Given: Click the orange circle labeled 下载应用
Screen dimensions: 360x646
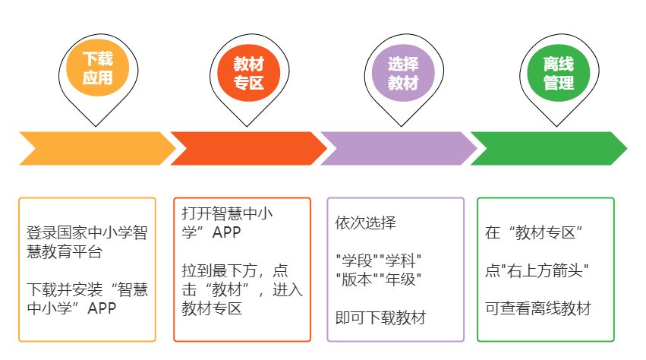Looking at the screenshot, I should [96, 69].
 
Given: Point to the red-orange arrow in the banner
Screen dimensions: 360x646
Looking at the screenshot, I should [247, 148].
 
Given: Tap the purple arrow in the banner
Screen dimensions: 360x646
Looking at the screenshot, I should [398, 148].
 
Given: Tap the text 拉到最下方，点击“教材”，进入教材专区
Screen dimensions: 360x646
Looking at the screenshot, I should [242, 289].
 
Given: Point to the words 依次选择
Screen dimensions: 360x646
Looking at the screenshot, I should [366, 223].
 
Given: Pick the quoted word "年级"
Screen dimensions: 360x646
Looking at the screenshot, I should [400, 279].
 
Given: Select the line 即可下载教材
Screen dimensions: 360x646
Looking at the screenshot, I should [380, 317].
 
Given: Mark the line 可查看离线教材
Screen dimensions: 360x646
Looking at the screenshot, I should [538, 308].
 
